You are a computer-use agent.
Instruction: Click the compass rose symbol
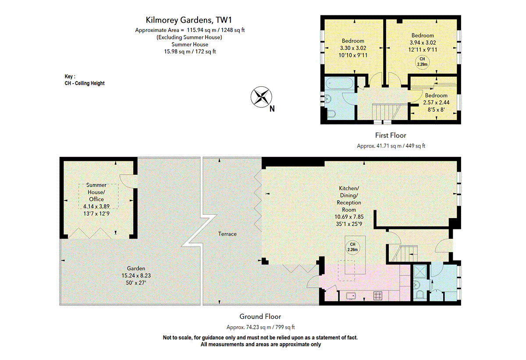pos(261,97)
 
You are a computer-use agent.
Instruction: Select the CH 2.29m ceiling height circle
pos(422,62)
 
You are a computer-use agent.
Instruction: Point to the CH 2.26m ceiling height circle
pos(352,247)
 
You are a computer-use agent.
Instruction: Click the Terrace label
pos(227,234)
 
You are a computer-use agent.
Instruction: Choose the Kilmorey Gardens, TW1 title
pos(189,20)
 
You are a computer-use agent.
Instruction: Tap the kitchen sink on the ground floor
pos(351,296)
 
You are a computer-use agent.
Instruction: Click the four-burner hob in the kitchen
pos(378,296)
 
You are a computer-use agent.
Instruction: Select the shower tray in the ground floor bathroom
pos(420,272)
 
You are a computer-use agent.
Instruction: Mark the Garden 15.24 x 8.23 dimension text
pos(136,275)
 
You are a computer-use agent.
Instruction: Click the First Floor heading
pos(391,135)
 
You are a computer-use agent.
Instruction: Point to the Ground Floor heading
pos(260,317)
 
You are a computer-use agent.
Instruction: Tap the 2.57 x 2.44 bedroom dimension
pos(436,102)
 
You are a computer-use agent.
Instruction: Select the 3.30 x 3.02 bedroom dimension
pos(353,48)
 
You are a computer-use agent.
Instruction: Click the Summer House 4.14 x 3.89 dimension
pos(96,207)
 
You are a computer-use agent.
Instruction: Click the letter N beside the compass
pos(272,109)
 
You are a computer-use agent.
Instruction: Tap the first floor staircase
pos(387,112)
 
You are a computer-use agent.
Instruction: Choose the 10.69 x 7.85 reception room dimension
pos(349,217)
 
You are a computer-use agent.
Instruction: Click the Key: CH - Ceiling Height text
pos(85,80)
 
